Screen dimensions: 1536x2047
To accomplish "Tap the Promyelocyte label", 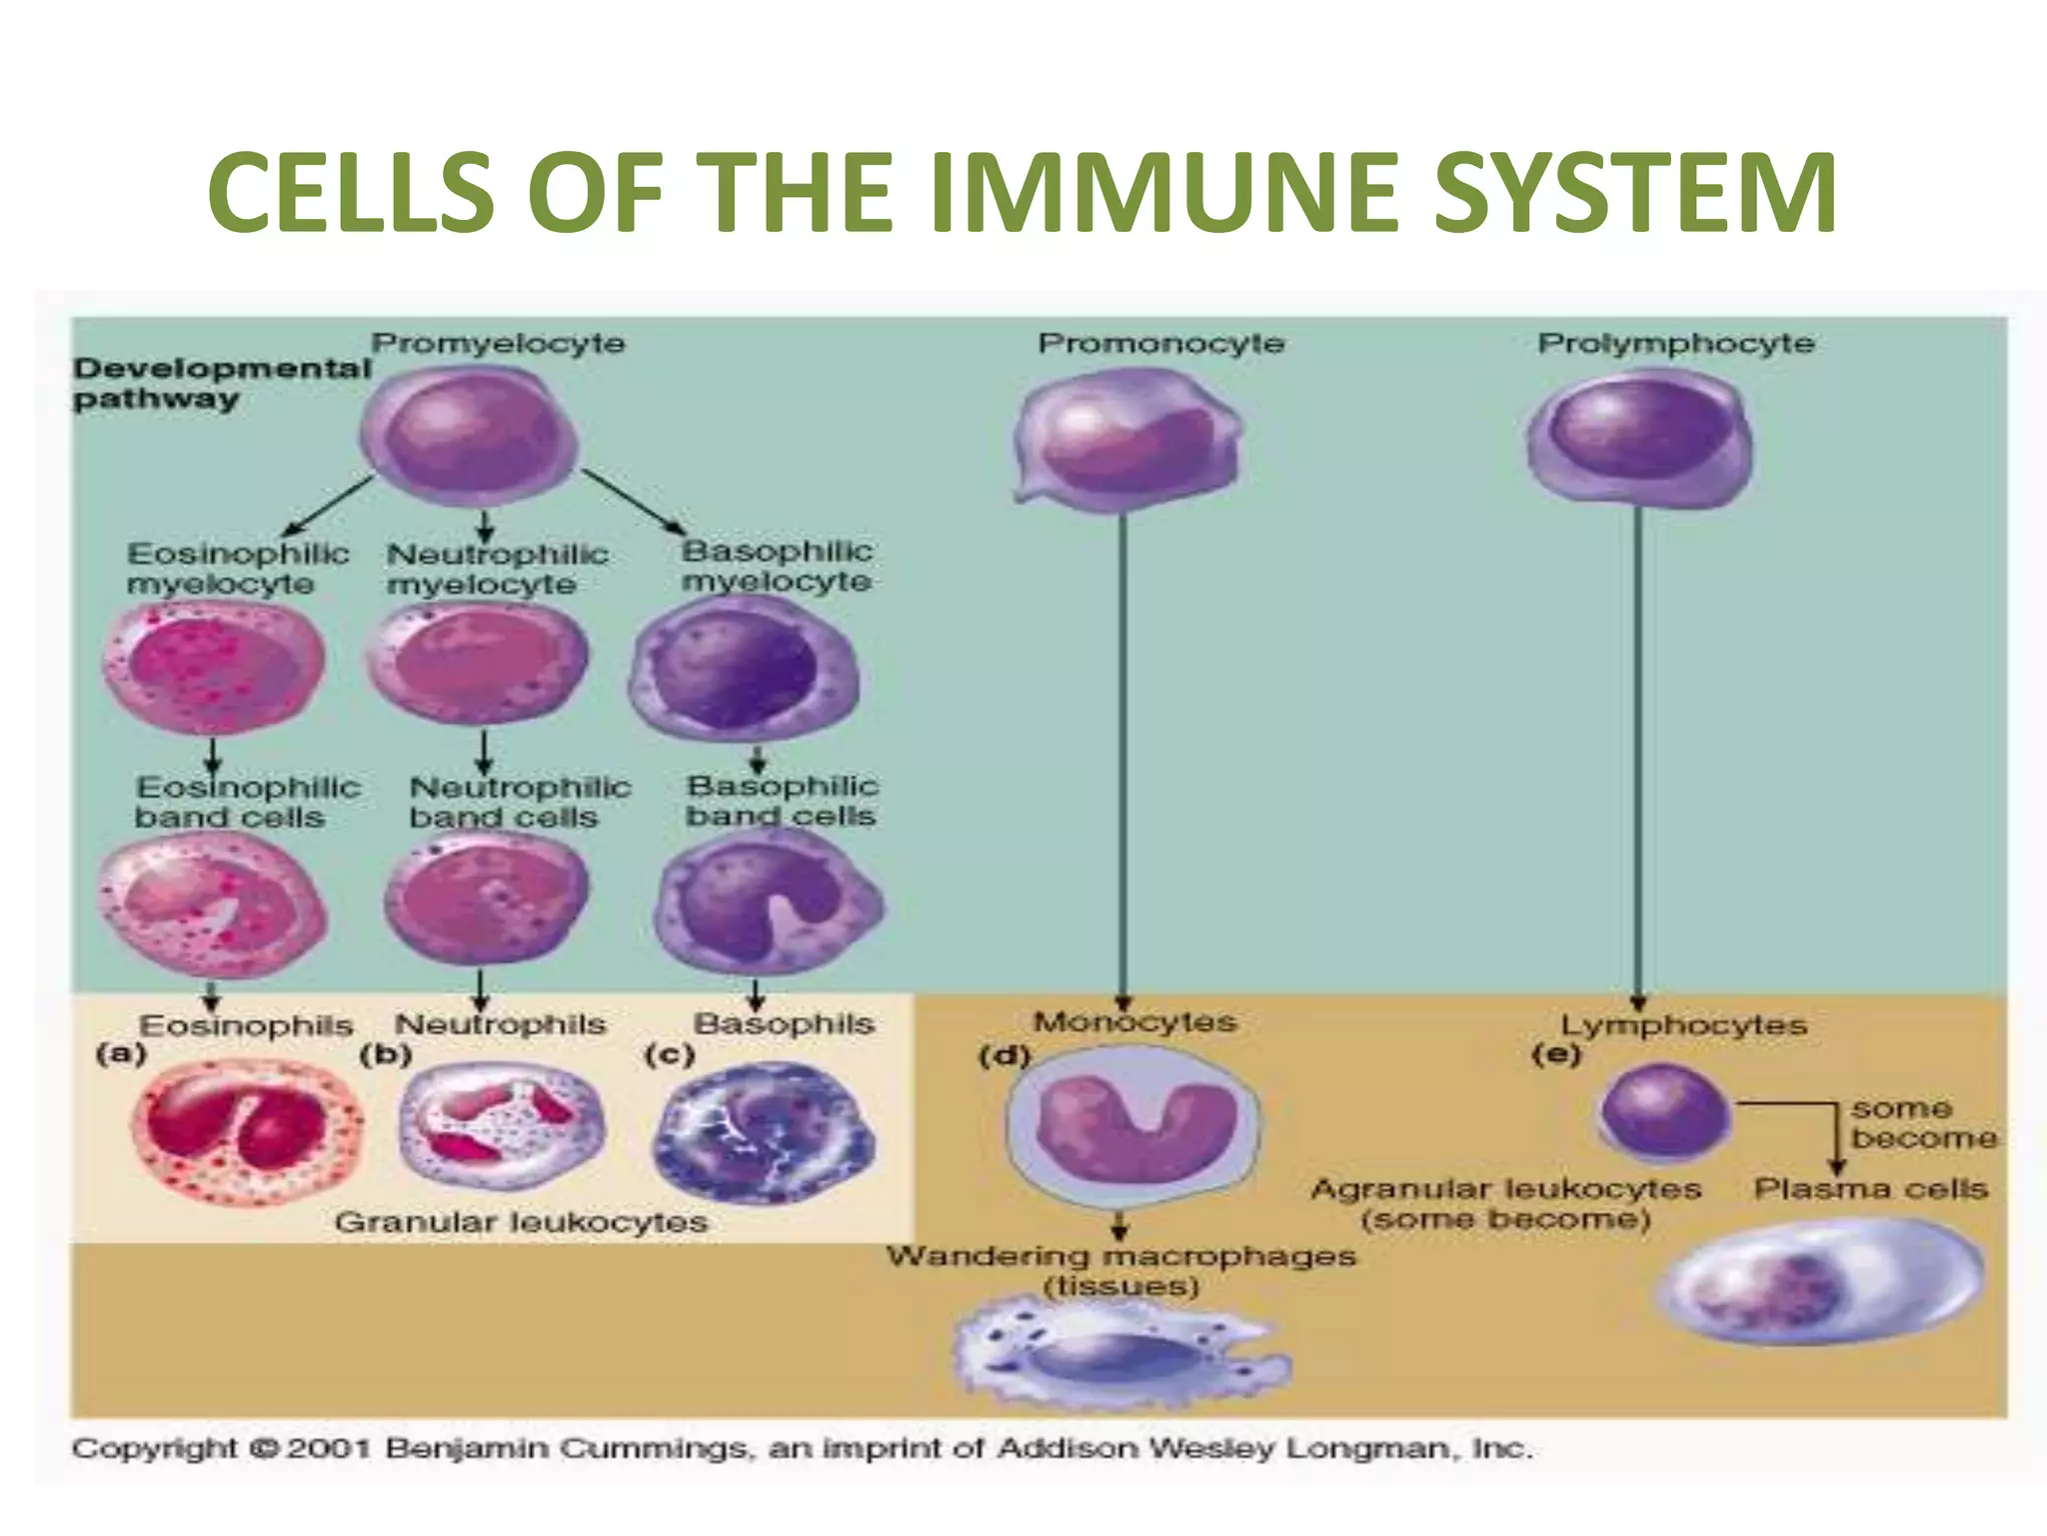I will tap(498, 343).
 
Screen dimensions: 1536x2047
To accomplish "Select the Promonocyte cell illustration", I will tap(1126, 438).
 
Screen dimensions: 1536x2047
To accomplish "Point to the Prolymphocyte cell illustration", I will tap(1639, 436).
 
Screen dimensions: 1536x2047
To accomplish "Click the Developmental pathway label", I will tap(220, 383).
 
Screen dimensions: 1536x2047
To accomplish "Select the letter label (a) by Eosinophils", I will tap(120, 1053).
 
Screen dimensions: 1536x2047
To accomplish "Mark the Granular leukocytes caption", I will tap(521, 1222).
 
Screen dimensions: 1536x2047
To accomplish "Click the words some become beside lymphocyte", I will tap(1923, 1123).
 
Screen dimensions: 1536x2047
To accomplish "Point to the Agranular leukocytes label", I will tap(1505, 1189).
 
